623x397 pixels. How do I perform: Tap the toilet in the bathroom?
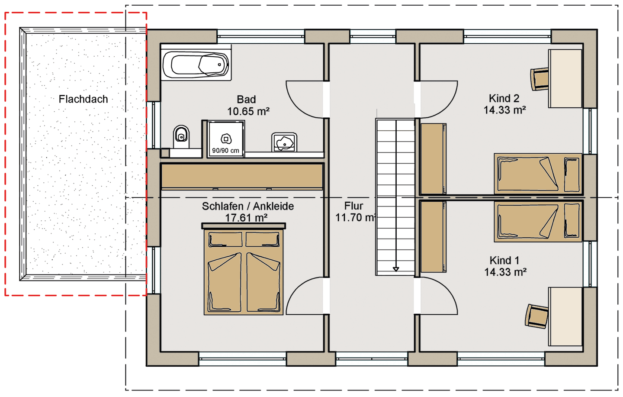tap(181, 137)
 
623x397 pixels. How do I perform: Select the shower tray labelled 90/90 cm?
tap(225, 139)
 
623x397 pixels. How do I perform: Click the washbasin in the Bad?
tap(284, 142)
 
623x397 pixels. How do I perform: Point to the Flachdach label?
tap(83, 99)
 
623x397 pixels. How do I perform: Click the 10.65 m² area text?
tap(248, 111)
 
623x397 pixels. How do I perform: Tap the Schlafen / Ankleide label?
tap(247, 207)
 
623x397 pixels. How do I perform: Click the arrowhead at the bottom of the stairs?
tap(396, 269)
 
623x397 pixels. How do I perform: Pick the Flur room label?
tap(353, 206)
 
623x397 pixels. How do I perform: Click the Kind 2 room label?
tap(504, 98)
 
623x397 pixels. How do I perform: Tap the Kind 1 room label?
tap(504, 260)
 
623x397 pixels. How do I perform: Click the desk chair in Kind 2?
tap(539, 79)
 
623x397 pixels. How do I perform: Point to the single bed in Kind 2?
tap(538, 174)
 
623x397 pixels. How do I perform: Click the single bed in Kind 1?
tap(538, 221)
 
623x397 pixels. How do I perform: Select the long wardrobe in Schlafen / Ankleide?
tap(242, 176)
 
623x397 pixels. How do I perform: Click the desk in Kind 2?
tap(565, 78)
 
